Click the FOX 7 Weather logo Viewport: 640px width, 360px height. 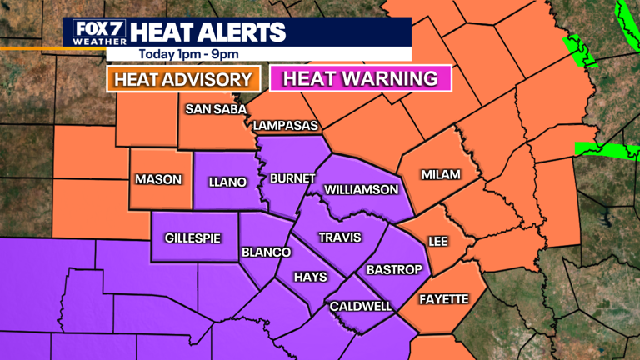click(x=97, y=32)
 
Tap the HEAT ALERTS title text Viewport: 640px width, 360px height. click(x=208, y=32)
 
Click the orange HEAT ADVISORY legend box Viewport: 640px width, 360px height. click(x=182, y=80)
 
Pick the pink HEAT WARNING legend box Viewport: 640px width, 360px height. click(x=360, y=79)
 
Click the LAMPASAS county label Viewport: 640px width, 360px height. click(x=286, y=126)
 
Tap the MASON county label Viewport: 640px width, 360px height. click(x=158, y=179)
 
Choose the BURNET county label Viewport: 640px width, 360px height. click(x=292, y=178)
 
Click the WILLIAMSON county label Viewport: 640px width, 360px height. click(x=362, y=190)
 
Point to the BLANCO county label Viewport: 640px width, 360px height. click(x=266, y=252)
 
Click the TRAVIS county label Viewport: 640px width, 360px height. click(x=340, y=237)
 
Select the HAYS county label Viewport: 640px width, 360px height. click(x=310, y=277)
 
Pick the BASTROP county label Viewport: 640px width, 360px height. click(x=394, y=270)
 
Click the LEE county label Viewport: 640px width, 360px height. click(x=438, y=241)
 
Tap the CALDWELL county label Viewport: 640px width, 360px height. click(x=361, y=307)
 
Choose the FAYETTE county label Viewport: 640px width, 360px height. click(x=443, y=299)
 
